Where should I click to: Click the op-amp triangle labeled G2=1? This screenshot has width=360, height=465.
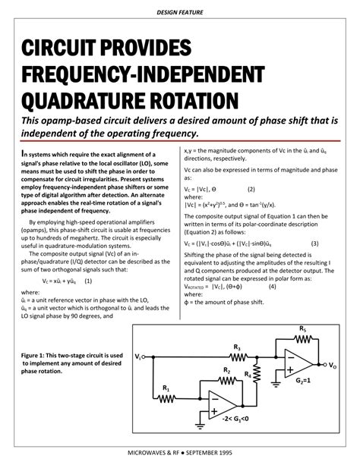coord(297,365)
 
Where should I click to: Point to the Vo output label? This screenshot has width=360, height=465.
coord(333,366)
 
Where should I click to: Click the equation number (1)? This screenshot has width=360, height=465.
coord(88,280)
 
